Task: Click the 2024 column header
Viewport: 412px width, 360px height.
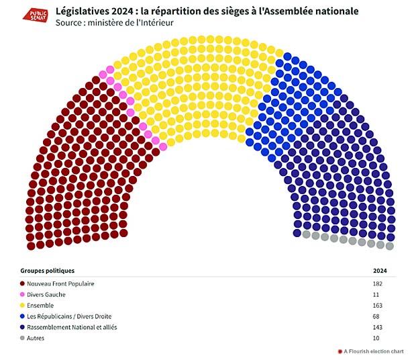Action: coord(381,271)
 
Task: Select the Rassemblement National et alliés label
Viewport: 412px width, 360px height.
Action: coord(72,326)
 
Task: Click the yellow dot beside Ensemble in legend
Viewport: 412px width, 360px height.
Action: coord(23,305)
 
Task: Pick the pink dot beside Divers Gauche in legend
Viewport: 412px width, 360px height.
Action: coord(23,294)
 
